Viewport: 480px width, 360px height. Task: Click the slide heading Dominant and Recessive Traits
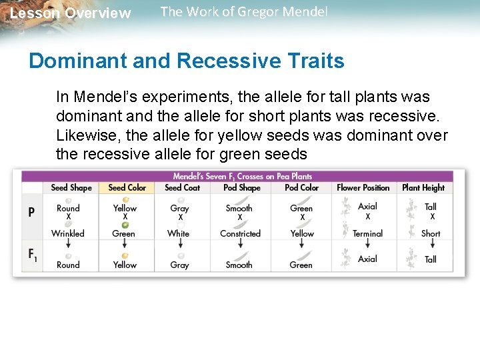187,61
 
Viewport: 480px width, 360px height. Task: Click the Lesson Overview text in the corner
71,13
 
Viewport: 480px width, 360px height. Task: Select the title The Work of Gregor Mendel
244,12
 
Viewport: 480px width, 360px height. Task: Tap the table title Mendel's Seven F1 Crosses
242,176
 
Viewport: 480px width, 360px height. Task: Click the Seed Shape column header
71,188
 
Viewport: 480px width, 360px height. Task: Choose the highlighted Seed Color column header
127,188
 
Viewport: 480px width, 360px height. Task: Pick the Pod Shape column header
241,188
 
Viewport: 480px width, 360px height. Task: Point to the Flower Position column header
363,188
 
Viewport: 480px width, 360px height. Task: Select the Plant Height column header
423,188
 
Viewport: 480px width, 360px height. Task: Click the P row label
31,213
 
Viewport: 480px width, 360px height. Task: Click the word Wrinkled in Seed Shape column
68,233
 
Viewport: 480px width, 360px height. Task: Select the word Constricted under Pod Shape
240,233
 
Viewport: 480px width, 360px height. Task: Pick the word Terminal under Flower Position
367,233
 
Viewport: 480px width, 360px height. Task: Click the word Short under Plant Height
431,233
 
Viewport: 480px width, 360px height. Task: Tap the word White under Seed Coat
179,233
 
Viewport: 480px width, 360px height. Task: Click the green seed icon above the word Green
125,225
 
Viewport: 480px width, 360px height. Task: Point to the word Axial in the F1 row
367,259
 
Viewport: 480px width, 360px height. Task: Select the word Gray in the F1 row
179,265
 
